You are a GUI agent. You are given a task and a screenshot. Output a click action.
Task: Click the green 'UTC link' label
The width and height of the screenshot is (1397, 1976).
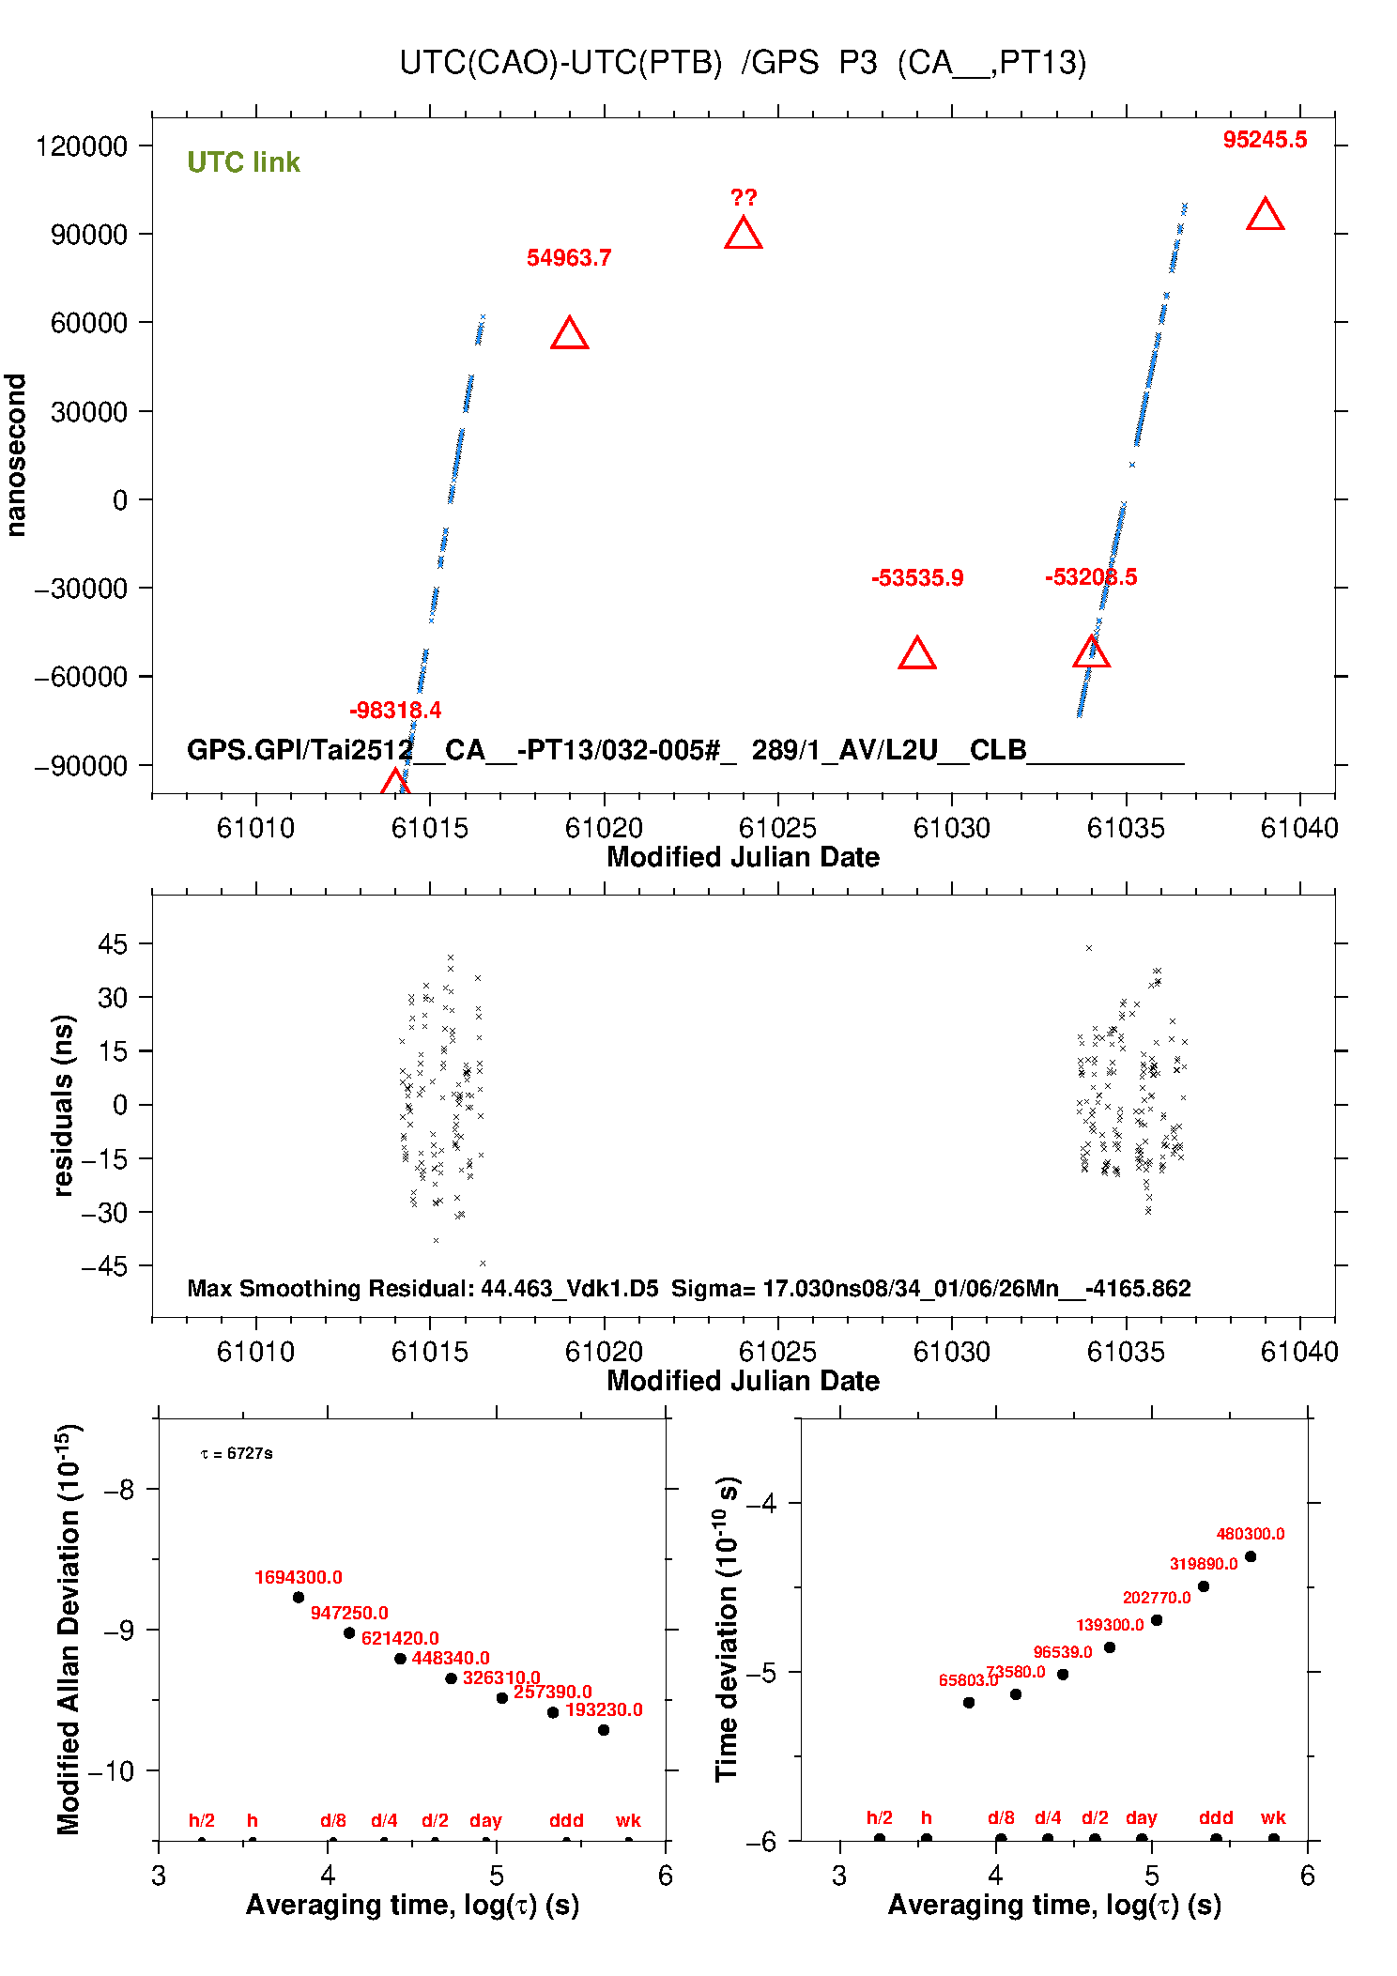(x=243, y=162)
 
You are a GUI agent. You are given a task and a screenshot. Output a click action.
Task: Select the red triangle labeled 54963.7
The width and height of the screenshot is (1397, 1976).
(x=569, y=334)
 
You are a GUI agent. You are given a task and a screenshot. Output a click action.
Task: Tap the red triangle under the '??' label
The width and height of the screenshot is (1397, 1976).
(x=743, y=234)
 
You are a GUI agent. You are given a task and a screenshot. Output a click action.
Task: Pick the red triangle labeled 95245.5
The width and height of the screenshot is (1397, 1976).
(x=1265, y=215)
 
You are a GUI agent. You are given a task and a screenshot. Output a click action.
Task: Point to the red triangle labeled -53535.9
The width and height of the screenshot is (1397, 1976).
(x=916, y=653)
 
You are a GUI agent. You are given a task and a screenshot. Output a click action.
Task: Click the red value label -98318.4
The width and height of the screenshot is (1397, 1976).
(x=394, y=711)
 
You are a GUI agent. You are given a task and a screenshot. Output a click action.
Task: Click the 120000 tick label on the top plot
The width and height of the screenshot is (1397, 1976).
(x=81, y=146)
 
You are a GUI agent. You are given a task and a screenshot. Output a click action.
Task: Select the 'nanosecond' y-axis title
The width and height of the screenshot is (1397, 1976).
(x=16, y=455)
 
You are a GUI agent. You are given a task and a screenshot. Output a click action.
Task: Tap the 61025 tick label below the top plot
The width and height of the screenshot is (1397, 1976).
(x=776, y=828)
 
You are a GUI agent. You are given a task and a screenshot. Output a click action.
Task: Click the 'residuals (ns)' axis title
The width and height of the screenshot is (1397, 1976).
(x=63, y=1105)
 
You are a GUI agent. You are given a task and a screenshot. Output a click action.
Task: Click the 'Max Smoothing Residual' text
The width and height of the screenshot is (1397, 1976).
(x=329, y=1288)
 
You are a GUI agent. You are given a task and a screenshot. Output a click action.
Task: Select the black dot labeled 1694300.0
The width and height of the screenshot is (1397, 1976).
(x=299, y=1597)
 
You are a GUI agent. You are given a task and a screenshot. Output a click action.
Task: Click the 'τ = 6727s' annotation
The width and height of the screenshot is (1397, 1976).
(x=237, y=1453)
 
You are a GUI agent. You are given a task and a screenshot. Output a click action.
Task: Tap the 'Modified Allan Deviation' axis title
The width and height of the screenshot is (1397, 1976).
(x=68, y=1629)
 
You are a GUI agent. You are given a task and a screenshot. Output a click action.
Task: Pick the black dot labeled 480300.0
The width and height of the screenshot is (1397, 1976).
(x=1250, y=1556)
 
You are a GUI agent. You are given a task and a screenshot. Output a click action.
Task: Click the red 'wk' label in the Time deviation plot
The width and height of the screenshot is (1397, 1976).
(x=1272, y=1817)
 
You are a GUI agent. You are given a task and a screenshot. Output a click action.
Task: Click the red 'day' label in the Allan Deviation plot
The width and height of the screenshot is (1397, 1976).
(x=485, y=1820)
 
